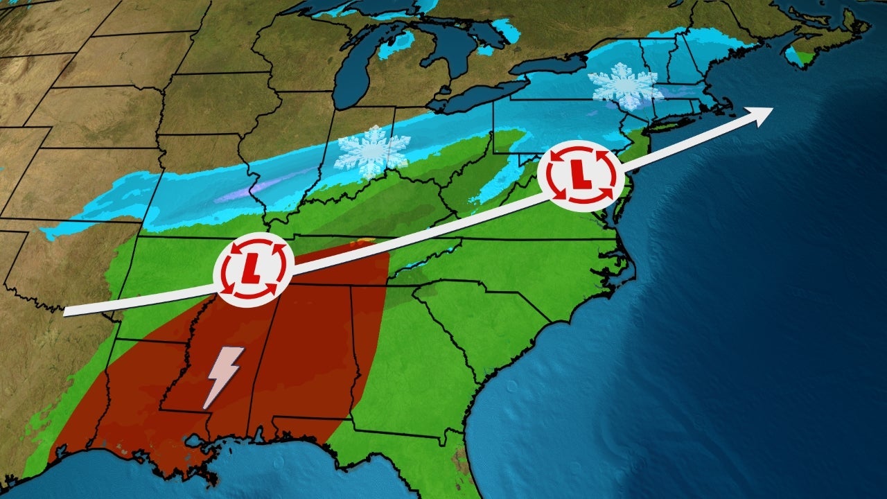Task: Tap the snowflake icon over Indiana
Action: tap(371, 151)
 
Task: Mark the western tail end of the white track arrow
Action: tap(66, 312)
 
